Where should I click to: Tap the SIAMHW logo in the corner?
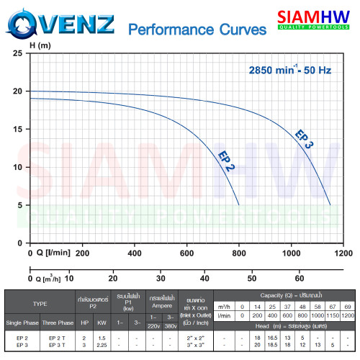tap(318, 21)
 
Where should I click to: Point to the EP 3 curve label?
tap(305, 139)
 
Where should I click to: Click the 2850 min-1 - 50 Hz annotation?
tap(289, 70)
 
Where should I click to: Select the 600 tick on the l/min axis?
tap(187, 253)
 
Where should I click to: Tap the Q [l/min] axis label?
tap(50, 253)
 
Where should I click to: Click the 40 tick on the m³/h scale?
tap(204, 277)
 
